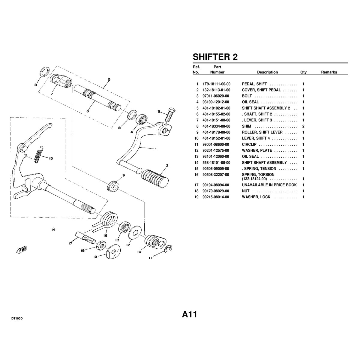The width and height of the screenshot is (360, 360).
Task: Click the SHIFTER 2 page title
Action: pos(215,57)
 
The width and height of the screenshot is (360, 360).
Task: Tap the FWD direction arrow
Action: pos(22,250)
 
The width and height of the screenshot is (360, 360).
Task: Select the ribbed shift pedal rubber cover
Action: pos(155,178)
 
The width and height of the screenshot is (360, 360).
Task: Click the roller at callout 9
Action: pos(113,186)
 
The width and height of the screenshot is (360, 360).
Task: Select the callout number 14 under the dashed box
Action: pos(53,229)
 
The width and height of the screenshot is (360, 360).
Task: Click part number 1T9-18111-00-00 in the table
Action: pos(216,84)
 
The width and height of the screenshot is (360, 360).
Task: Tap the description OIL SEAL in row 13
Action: pos(250,157)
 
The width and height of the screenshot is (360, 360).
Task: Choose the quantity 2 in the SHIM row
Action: pos(303,126)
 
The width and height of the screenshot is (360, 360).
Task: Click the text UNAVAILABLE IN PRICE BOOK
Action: pos(269,185)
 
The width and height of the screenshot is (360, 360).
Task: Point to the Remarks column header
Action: pos(329,72)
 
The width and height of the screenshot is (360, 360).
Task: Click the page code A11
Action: pos(189,314)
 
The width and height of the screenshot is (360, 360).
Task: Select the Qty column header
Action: pos(303,72)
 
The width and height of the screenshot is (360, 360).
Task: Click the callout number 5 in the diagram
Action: pos(109,79)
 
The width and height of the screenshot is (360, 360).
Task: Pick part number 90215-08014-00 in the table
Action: pos(216,197)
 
